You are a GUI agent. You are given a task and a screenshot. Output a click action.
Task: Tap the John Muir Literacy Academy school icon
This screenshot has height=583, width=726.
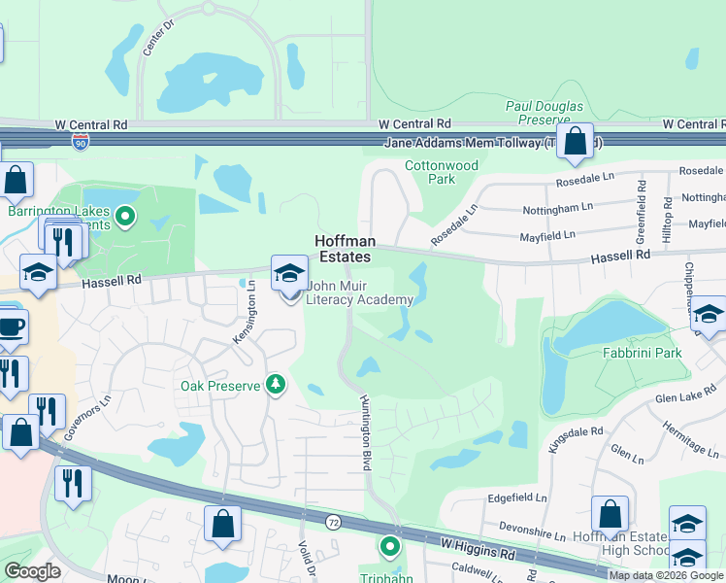coord(289,274)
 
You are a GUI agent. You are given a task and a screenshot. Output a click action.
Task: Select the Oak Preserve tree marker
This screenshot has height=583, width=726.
coord(277,386)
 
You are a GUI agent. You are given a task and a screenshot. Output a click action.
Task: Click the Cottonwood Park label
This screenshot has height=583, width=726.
coord(442,172)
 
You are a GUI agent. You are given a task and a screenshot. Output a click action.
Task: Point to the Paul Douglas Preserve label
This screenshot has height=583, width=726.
coord(544,112)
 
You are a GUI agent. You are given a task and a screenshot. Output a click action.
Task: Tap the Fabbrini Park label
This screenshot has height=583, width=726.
coord(641,354)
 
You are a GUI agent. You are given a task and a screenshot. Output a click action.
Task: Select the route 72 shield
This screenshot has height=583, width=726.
coord(334,522)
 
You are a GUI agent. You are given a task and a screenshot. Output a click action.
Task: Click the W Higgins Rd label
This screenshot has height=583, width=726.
coord(478,551)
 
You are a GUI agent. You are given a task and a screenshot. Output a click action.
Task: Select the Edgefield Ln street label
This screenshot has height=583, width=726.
coord(517,497)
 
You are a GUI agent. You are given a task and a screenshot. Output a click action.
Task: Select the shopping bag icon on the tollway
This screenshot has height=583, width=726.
coord(576,142)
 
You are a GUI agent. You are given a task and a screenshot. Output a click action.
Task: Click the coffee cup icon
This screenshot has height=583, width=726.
coord(10,327)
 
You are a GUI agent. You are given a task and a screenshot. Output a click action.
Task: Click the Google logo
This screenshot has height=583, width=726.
coord(33,571)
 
